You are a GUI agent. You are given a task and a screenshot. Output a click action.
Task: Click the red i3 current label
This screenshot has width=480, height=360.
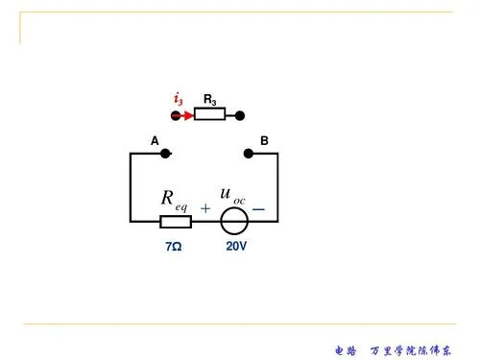pyautogui.click(x=179, y=99)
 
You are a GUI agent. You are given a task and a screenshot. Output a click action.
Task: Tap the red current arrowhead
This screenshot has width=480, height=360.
pyautogui.click(x=189, y=115)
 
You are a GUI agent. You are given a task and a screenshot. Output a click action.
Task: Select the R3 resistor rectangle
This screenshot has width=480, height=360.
pyautogui.click(x=209, y=114)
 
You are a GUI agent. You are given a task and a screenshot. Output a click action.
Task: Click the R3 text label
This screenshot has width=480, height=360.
pyautogui.click(x=210, y=100)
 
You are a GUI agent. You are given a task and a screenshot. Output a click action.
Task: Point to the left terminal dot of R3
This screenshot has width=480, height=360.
pyautogui.click(x=176, y=115)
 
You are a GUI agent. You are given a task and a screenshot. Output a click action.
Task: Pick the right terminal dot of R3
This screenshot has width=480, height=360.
pyautogui.click(x=240, y=115)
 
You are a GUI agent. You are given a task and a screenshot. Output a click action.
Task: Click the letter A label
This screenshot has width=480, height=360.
pyautogui.click(x=155, y=141)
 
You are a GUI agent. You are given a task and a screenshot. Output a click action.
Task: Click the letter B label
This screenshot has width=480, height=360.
pyautogui.click(x=264, y=140)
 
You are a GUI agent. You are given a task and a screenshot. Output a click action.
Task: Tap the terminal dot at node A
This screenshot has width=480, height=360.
pyautogui.click(x=165, y=154)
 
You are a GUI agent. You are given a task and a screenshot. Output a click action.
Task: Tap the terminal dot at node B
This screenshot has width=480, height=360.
pyautogui.click(x=249, y=154)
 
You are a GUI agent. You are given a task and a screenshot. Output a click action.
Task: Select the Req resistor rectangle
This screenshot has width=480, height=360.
pyautogui.click(x=176, y=222)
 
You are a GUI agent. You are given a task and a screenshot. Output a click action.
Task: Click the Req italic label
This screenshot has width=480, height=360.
pyautogui.click(x=174, y=201)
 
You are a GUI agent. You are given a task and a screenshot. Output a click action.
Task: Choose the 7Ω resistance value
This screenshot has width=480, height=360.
pyautogui.click(x=174, y=247)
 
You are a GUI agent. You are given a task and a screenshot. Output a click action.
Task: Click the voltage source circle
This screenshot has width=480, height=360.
pyautogui.click(x=234, y=207)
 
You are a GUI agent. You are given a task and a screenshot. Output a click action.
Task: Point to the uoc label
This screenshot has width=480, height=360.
pyautogui.click(x=232, y=196)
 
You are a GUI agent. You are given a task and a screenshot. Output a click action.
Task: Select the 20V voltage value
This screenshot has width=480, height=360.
pyautogui.click(x=236, y=246)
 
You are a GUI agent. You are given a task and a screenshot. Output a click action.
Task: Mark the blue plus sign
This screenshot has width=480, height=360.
pyautogui.click(x=205, y=208)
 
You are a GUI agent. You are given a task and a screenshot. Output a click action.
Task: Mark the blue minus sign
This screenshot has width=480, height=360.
pyautogui.click(x=258, y=209)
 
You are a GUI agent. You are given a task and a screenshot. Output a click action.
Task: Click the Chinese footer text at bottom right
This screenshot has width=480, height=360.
pyautogui.click(x=394, y=350)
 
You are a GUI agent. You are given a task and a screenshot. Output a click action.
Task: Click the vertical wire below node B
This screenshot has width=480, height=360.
pyautogui.click(x=277, y=187)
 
